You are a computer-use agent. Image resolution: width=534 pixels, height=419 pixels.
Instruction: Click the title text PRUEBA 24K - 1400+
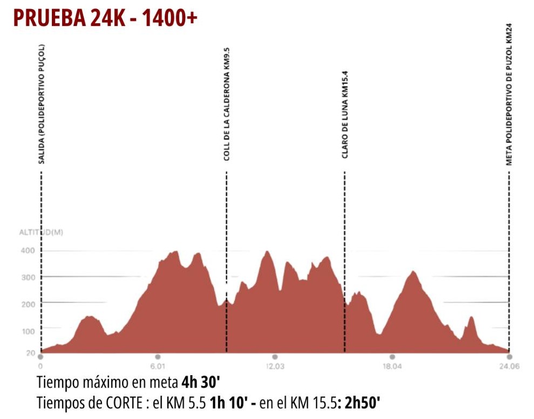pos(105,18)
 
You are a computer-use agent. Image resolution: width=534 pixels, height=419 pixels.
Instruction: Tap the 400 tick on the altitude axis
pos(29,251)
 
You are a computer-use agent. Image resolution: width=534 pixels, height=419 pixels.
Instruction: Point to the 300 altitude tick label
pos(29,277)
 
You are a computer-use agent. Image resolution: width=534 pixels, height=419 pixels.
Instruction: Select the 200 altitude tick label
pos(29,304)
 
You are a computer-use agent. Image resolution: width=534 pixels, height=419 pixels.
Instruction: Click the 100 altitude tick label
pos(29,331)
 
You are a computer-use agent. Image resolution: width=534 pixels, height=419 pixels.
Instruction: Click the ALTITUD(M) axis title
pos(41,233)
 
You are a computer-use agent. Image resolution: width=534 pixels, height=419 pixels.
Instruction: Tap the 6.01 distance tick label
pos(158,367)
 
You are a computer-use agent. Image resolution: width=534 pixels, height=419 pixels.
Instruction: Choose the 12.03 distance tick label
pos(275,367)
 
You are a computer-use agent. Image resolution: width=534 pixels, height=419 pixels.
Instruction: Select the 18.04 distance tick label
pos(392,367)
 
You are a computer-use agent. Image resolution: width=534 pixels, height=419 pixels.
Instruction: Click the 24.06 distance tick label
pos(509,367)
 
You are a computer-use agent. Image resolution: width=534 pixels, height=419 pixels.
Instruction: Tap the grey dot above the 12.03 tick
pos(275,357)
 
